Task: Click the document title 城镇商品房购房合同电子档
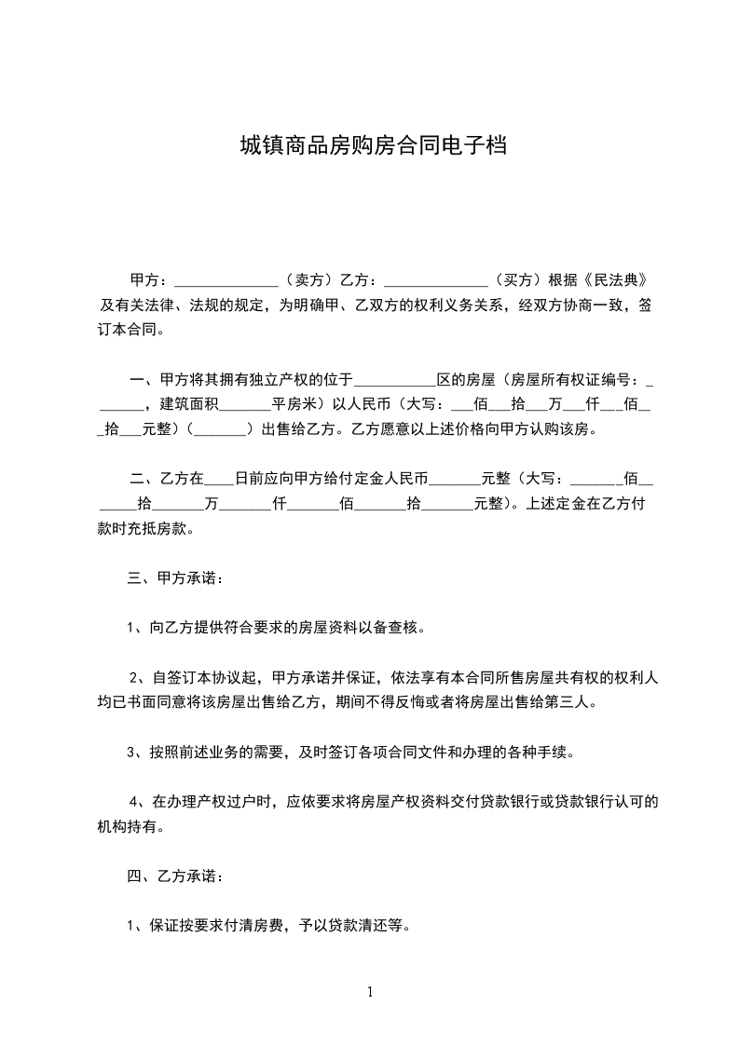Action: (373, 146)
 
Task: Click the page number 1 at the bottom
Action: (370, 992)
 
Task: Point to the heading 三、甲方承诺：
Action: (175, 578)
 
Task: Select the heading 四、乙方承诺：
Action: (175, 876)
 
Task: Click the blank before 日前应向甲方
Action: (218, 482)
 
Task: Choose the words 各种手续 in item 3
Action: (544, 752)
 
